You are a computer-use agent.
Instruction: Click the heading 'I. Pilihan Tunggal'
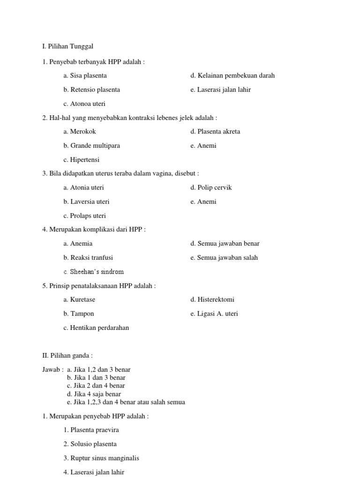click(67, 46)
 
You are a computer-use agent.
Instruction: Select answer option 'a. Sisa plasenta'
click(85, 75)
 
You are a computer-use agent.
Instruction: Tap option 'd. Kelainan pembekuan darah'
click(232, 75)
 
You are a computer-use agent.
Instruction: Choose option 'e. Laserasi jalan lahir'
click(220, 90)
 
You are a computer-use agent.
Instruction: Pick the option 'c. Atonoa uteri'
click(84, 104)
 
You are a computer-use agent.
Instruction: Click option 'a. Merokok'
click(80, 132)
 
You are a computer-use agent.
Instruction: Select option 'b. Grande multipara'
click(91, 145)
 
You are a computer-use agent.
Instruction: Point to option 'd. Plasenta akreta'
click(215, 132)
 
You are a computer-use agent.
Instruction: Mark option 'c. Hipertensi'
click(81, 159)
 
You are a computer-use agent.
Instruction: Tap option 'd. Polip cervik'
click(211, 187)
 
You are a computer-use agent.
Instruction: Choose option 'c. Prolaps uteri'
click(84, 216)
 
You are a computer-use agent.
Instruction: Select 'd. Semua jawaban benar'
click(225, 244)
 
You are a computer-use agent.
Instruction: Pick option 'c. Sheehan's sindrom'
click(93, 272)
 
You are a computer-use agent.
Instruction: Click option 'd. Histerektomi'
click(212, 300)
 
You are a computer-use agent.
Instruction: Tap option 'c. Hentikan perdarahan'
click(96, 328)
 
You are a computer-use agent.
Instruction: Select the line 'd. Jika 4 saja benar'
click(94, 394)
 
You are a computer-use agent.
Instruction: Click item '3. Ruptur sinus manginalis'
click(101, 458)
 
